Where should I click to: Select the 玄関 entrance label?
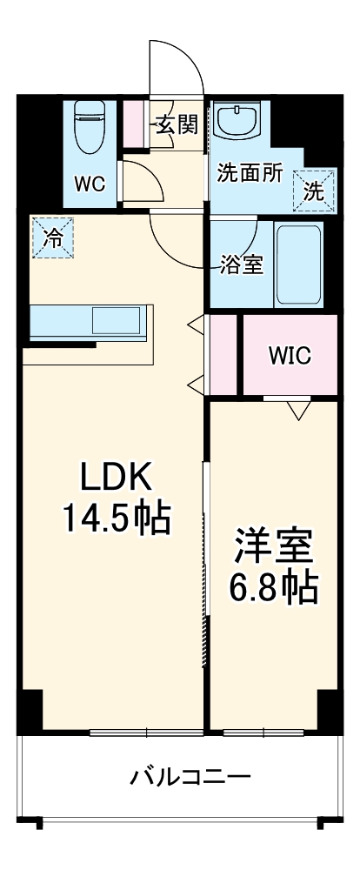177,125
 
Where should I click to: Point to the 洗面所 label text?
250,172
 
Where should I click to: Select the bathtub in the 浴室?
298,264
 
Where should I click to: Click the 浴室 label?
240,264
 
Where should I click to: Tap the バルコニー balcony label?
191,775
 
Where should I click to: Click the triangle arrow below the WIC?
298,408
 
